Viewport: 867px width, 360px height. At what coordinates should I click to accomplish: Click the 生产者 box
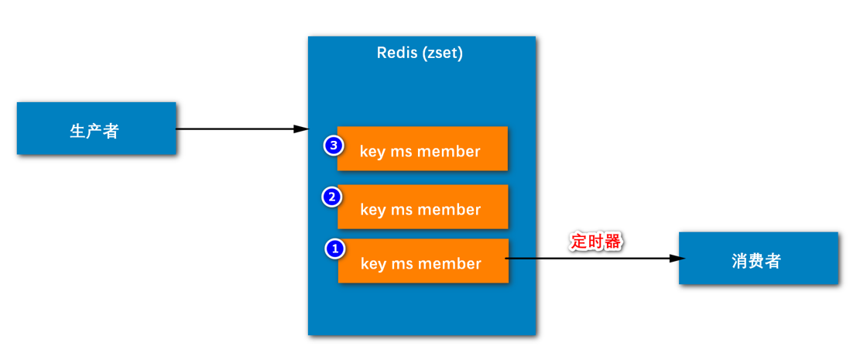coord(96,129)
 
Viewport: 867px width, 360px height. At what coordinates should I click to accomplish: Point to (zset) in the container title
coord(443,53)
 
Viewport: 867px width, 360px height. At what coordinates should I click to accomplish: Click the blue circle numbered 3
coord(334,146)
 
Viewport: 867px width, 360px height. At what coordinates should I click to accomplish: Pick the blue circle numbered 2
coord(332,197)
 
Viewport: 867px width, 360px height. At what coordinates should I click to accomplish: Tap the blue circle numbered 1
coord(334,249)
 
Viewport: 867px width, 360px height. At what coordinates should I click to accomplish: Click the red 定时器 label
coord(596,241)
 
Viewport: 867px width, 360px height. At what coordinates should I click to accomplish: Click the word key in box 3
coord(373,152)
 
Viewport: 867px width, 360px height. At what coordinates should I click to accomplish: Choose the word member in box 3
coord(450,152)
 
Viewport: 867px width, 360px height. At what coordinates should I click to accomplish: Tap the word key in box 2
coord(373,210)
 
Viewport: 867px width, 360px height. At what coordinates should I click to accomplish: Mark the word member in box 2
coord(450,210)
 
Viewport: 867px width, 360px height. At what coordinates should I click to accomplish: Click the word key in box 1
coord(373,264)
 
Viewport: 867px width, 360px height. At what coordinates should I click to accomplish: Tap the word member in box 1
coord(450,264)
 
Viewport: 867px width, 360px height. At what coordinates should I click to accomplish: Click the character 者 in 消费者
coord(773,261)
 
